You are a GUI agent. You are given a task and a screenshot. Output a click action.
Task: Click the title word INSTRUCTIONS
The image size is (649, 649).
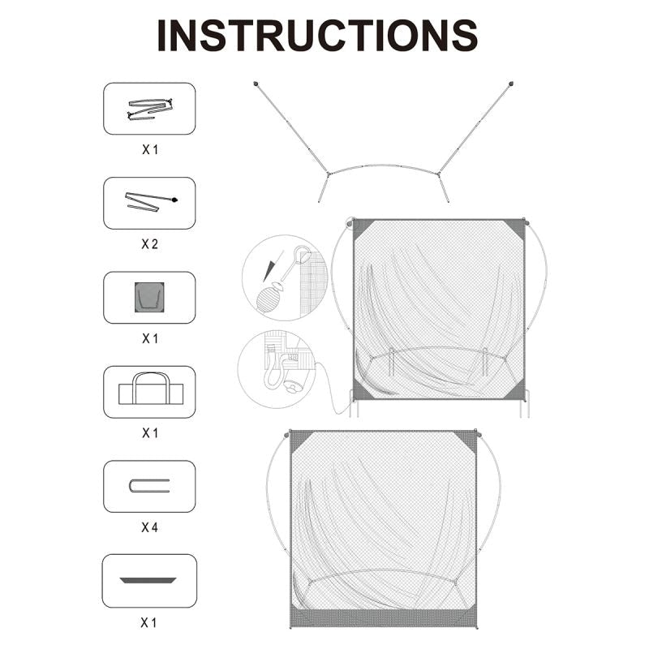click(x=317, y=36)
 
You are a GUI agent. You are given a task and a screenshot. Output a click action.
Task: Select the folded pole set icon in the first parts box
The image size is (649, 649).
click(x=150, y=109)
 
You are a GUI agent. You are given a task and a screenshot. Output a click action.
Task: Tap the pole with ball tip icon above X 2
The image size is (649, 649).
click(x=151, y=201)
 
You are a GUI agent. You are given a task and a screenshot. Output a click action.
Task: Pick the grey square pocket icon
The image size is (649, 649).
click(x=149, y=298)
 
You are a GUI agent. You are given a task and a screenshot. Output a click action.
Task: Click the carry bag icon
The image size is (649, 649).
click(x=151, y=389)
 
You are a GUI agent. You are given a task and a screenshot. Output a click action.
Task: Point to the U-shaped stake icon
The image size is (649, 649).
click(x=149, y=486)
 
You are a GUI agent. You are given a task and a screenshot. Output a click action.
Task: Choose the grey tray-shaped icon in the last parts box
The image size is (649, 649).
click(x=148, y=580)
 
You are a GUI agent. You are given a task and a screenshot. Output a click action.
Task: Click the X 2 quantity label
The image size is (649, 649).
click(x=150, y=244)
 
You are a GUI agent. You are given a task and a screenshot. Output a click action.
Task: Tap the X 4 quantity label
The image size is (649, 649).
click(x=150, y=527)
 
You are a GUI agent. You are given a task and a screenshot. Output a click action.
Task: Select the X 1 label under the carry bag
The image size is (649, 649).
click(x=150, y=433)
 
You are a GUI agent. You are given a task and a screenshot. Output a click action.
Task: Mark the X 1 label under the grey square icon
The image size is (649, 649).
click(x=150, y=338)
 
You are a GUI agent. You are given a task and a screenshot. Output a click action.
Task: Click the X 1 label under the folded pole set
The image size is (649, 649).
click(x=150, y=149)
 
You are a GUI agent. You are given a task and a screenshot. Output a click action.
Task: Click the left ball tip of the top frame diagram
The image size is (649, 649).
click(x=256, y=84)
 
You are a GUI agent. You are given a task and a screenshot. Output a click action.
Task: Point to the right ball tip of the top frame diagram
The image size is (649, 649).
click(x=511, y=84)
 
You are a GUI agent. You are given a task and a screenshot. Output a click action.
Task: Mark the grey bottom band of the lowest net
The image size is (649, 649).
click(x=384, y=618)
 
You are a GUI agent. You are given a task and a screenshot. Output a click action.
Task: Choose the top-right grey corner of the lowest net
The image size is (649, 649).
click(x=469, y=440)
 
